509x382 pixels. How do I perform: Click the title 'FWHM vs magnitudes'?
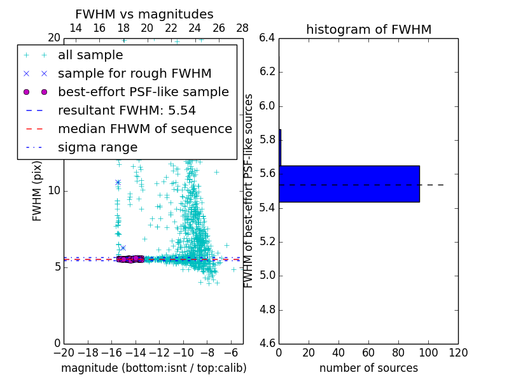pyautogui.click(x=144, y=15)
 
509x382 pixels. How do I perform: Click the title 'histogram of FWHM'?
pyautogui.click(x=368, y=29)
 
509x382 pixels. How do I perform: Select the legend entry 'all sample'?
pyautogui.click(x=90, y=55)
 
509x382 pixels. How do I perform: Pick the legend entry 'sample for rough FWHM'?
pyautogui.click(x=134, y=73)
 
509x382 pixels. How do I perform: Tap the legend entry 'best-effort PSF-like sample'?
pyautogui.click(x=143, y=92)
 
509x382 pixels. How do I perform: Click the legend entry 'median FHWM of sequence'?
pyautogui.click(x=144, y=129)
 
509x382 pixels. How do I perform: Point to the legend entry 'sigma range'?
pyautogui.click(x=97, y=147)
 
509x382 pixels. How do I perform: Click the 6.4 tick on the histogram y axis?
pyautogui.click(x=267, y=38)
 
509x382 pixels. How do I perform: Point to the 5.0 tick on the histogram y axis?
pyautogui.click(x=267, y=276)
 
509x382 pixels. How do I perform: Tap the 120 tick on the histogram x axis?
pyautogui.click(x=458, y=353)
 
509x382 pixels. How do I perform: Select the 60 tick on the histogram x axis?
pyautogui.click(x=368, y=353)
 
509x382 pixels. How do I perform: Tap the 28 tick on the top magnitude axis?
pyautogui.click(x=242, y=28)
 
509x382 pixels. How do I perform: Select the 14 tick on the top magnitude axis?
pyautogui.click(x=75, y=28)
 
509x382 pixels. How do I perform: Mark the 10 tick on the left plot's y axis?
pyautogui.click(x=54, y=190)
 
